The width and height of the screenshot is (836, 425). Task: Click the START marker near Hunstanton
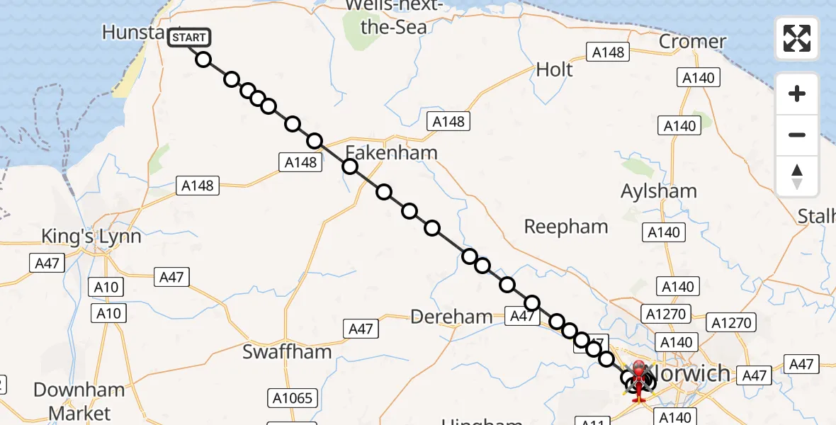189,37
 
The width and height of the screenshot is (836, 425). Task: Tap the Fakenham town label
391,152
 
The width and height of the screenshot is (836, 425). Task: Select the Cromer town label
692,41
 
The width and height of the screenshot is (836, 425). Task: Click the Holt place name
554,69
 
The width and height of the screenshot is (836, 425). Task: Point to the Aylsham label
658,191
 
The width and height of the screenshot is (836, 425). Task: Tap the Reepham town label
565,227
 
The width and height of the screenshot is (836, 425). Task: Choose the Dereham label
451,317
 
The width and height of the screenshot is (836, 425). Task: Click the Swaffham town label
287,352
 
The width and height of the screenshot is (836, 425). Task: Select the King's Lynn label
91,237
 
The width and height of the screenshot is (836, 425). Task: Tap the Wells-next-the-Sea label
395,16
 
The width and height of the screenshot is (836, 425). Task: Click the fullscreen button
797,38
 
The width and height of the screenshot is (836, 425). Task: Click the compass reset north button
797,176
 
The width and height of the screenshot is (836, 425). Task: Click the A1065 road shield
293,398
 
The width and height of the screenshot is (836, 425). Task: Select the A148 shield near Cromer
607,52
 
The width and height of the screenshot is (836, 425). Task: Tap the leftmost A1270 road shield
665,313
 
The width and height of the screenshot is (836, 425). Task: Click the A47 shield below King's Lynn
47,263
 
